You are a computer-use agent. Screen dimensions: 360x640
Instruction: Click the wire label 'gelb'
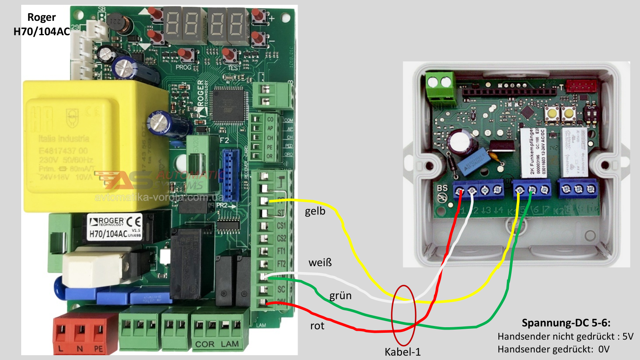click(x=315, y=211)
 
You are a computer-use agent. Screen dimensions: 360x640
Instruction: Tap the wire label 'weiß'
click(x=320, y=263)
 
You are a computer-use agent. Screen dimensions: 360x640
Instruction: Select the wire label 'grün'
click(x=340, y=296)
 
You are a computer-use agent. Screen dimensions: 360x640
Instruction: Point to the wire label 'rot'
click(x=317, y=326)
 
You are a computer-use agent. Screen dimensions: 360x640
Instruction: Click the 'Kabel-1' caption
click(x=402, y=352)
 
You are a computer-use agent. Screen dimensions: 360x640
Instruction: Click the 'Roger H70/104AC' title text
click(x=41, y=24)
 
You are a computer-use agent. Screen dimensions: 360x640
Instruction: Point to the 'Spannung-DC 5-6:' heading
click(x=566, y=323)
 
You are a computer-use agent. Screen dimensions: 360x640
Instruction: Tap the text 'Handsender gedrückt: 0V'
click(x=553, y=349)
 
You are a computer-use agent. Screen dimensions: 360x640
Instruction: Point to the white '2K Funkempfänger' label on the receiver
click(x=532, y=152)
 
